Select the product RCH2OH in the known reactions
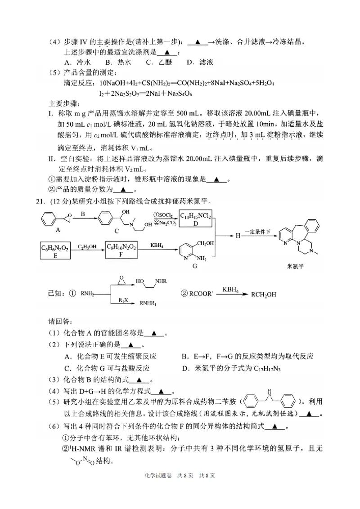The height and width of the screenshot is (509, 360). click(x=273, y=295)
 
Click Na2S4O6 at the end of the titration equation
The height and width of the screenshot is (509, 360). click(x=180, y=94)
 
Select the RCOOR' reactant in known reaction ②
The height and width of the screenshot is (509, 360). click(x=201, y=295)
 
